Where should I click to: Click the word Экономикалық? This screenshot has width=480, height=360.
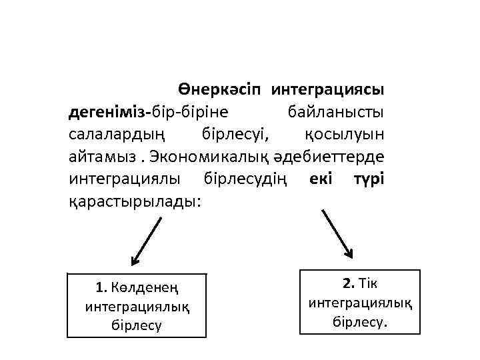[201, 157]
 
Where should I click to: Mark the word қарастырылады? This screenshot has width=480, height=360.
[133, 203]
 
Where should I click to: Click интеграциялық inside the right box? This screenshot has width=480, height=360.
[360, 303]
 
